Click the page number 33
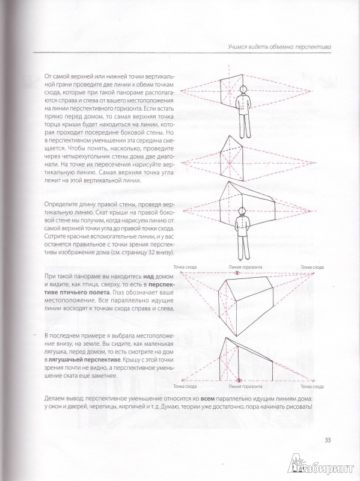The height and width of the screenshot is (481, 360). (328, 441)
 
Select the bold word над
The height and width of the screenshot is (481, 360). (148, 276)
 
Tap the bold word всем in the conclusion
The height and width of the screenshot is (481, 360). (207, 399)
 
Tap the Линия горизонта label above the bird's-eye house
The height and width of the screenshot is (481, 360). (245, 267)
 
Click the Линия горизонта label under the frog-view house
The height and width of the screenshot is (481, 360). (245, 387)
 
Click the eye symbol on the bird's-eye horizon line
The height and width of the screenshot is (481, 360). (237, 273)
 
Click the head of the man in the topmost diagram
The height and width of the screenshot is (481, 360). (243, 89)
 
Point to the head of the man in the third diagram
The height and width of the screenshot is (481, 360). (242, 211)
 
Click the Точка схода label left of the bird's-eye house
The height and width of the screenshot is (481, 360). (185, 267)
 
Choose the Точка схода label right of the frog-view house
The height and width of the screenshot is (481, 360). (312, 387)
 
